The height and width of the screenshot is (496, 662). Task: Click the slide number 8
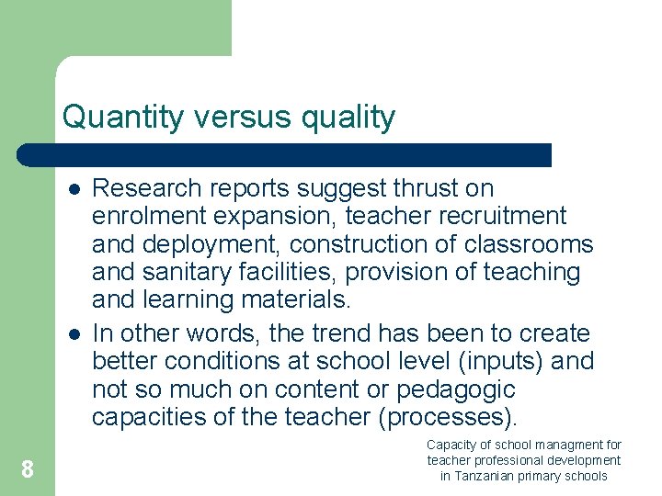[x=28, y=470]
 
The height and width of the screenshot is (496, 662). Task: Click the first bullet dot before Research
[x=71, y=189]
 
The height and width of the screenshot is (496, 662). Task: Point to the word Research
[x=147, y=188]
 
